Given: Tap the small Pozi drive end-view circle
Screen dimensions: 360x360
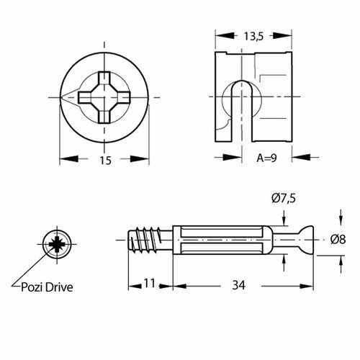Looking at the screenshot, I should tap(56, 244).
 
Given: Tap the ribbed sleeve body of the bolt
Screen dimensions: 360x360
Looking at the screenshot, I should tap(220, 239).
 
